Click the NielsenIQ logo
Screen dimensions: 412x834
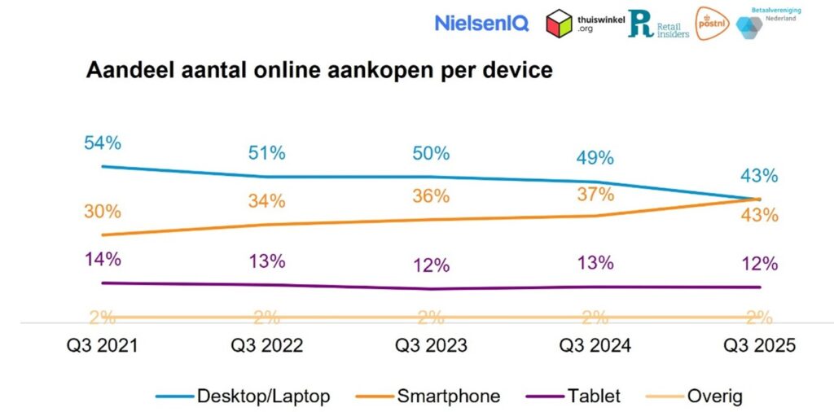tap(481, 23)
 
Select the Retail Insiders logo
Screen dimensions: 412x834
tap(658, 24)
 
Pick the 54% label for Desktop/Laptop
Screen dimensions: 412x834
tap(103, 143)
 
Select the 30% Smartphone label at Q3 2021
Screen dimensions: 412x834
tap(103, 212)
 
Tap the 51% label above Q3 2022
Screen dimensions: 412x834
tap(266, 153)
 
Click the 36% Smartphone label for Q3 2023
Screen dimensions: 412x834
tap(431, 196)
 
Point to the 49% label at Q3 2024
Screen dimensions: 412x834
tap(595, 158)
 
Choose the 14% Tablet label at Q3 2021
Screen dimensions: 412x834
tap(103, 260)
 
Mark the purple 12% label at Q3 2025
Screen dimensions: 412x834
tap(759, 264)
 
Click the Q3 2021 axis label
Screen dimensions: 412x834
tap(103, 345)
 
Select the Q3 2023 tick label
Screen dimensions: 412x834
tap(431, 345)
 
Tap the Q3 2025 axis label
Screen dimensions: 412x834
tap(759, 345)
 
